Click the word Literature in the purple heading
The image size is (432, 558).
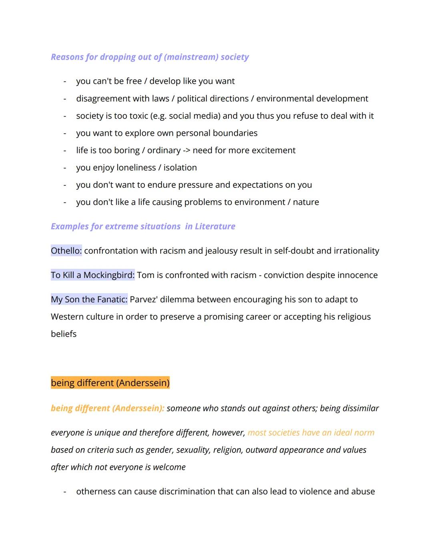(x=215, y=226)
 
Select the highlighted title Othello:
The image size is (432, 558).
(x=66, y=250)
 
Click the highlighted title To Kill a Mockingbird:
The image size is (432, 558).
(x=92, y=275)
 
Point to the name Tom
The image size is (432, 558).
(x=145, y=275)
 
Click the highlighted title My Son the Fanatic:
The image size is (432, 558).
(x=89, y=299)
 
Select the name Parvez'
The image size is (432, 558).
(x=144, y=299)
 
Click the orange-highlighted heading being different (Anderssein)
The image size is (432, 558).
(x=110, y=383)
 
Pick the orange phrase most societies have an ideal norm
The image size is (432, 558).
(x=311, y=433)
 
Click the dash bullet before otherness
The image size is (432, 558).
(x=64, y=491)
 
